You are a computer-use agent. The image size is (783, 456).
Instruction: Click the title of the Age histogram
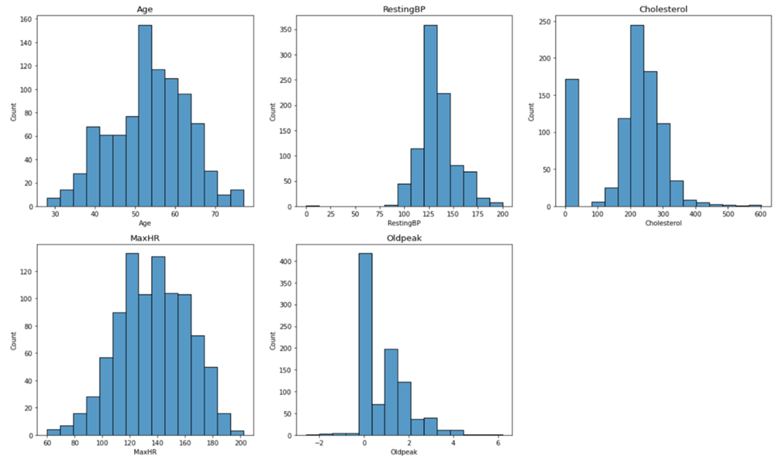pyautogui.click(x=145, y=9)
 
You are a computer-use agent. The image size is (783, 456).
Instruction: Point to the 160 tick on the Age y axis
pyautogui.click(x=27, y=18)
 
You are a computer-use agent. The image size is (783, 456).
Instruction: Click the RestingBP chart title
pyautogui.click(x=404, y=9)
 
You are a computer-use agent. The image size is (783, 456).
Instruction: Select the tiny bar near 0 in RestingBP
pyautogui.click(x=312, y=205)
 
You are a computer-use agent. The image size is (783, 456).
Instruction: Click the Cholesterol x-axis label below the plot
pyautogui.click(x=663, y=223)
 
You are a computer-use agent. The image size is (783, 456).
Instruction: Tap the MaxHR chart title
pyautogui.click(x=145, y=237)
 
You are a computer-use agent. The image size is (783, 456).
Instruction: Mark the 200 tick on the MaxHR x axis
pyautogui.click(x=239, y=444)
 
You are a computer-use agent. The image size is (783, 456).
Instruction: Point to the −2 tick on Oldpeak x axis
pyautogui.click(x=319, y=444)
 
